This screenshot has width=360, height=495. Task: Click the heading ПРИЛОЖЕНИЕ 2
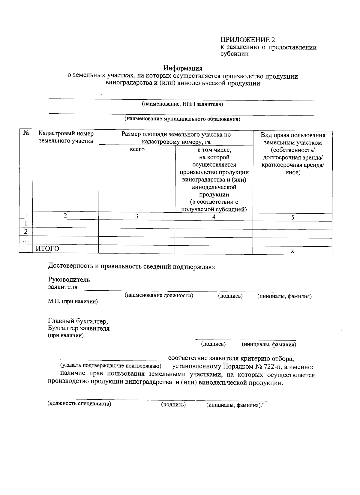pos(247,40)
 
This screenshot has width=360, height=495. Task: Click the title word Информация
pos(183,69)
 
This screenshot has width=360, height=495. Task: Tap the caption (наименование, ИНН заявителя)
pos(182,104)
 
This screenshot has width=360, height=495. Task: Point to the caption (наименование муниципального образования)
pos(182,119)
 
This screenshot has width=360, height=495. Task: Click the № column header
pos(26,133)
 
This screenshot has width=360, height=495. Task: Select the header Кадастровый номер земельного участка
pos(66,137)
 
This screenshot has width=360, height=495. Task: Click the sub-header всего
pos(137,149)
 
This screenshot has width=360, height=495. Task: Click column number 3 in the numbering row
pos(136,216)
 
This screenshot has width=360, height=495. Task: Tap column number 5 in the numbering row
pos(292,217)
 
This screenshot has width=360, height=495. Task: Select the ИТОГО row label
pos(47,249)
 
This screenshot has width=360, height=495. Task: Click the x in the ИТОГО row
pos(292,251)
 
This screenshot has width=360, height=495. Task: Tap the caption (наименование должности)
pos(159,295)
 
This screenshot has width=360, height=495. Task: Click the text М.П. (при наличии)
pos(73,301)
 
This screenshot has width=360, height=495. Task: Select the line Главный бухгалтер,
pos(78,322)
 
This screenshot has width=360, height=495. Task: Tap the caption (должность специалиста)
pos(79,403)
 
